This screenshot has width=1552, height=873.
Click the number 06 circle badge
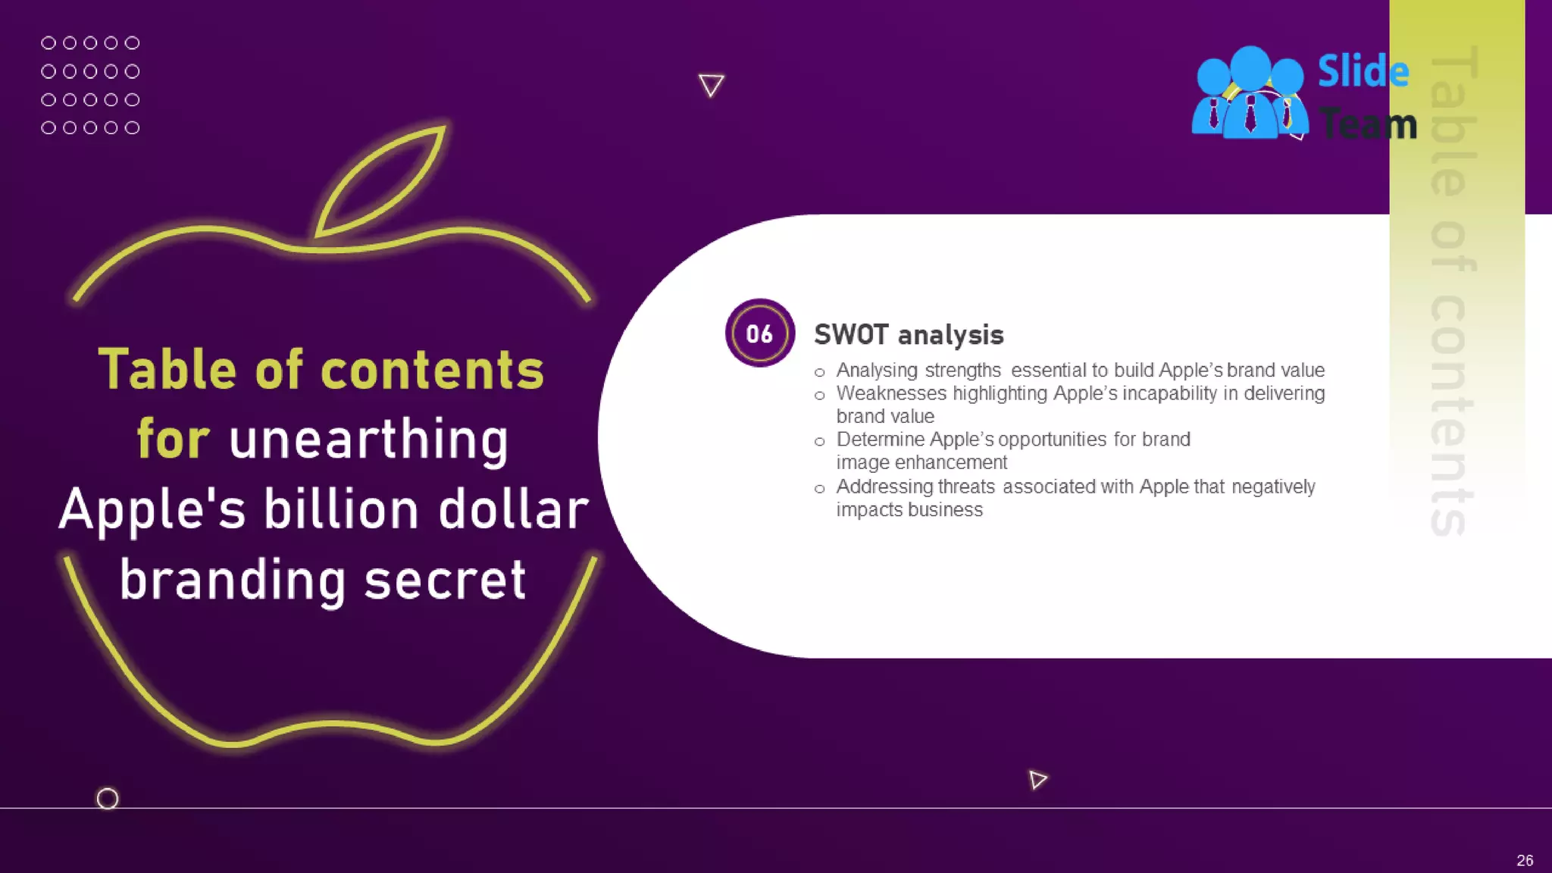tap(759, 333)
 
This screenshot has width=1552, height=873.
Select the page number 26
tap(1525, 860)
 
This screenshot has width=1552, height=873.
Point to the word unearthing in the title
tap(368, 440)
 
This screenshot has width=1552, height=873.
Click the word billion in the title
tap(341, 509)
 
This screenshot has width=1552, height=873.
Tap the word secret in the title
tap(445, 580)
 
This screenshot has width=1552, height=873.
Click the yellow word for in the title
tap(173, 440)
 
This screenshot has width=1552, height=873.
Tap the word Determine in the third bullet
tap(880, 440)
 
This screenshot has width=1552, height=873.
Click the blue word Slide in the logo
tap(1363, 72)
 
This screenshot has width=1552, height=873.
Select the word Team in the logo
tap(1368, 124)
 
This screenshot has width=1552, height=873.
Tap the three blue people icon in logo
tap(1250, 94)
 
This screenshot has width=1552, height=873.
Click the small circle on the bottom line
tap(108, 799)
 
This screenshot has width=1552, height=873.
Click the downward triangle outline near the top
tap(711, 84)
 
